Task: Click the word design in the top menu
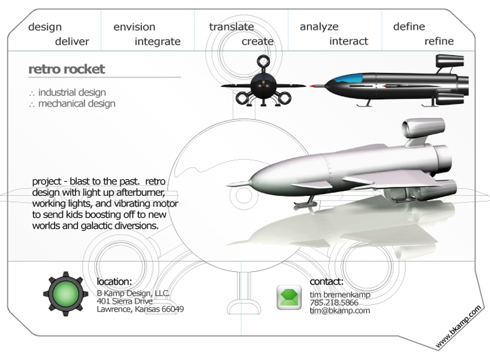point(45,27)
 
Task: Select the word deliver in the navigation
point(72,42)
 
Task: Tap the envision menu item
point(134,27)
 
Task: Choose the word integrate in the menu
point(157,42)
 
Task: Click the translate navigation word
point(231,27)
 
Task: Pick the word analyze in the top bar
point(318,27)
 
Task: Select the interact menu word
point(349,42)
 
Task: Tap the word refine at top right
point(439,42)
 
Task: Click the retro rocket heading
point(67,69)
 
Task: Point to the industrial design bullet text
point(72,92)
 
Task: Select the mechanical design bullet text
point(77,103)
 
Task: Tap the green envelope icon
point(288,298)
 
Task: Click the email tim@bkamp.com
point(339,310)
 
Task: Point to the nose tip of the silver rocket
point(228,183)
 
